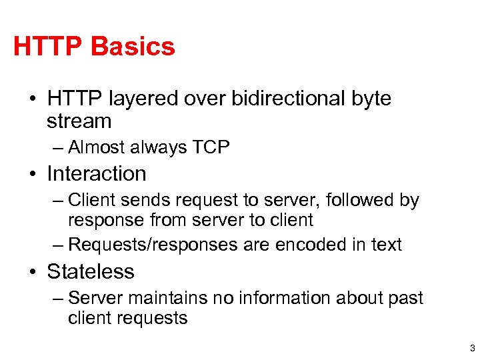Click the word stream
(79, 121)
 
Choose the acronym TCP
(211, 147)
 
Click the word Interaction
(97, 173)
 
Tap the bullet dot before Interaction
(33, 175)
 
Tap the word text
(387, 245)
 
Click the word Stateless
(91, 271)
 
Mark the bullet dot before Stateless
(33, 273)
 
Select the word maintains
(163, 298)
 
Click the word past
(407, 299)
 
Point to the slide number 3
(472, 348)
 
